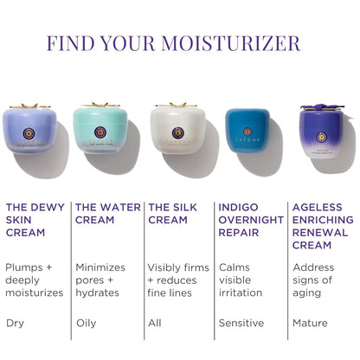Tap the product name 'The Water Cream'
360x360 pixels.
click(x=107, y=214)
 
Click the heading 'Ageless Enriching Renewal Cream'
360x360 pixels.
click(x=323, y=227)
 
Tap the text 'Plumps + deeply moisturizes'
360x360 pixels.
click(x=35, y=280)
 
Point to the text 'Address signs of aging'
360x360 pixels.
click(x=312, y=280)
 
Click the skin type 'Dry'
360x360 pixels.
click(x=15, y=323)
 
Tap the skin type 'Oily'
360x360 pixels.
click(x=87, y=323)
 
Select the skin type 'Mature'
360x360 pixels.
click(x=311, y=323)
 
